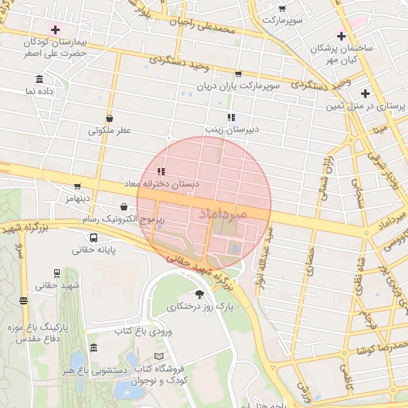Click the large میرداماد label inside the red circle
222,214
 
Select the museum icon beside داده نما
40,79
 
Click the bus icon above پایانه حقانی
94,237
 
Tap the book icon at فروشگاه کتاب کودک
159,356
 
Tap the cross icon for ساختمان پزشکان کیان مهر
341,36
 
